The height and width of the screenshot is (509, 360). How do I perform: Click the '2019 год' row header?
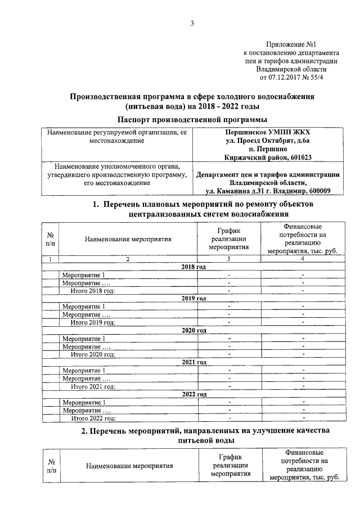(194, 298)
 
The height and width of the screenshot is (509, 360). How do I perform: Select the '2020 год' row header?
(194, 330)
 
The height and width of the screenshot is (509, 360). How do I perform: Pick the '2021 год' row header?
(194, 362)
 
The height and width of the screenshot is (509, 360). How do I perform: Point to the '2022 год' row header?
(194, 394)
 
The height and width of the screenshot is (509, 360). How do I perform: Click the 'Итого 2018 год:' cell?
(93, 290)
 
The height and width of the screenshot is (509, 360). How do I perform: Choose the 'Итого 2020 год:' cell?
(93, 354)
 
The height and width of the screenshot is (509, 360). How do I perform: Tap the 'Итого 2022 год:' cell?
(93, 418)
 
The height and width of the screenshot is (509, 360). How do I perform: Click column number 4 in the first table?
(303, 259)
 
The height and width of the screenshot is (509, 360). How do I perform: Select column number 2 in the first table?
(128, 259)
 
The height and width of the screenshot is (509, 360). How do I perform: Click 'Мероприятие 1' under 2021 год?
(84, 371)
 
